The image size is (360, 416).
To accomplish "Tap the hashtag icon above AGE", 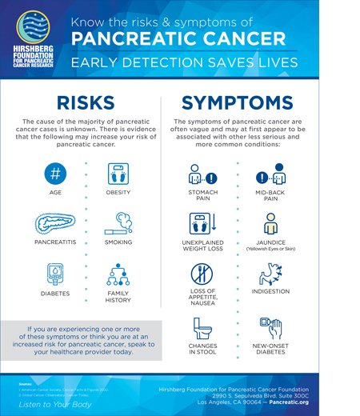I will pos(54,174).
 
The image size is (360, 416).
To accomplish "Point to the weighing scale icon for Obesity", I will pos(118,174).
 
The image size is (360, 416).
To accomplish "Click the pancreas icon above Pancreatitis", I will pos(54,223).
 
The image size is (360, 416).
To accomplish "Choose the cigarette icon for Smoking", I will pos(118,223).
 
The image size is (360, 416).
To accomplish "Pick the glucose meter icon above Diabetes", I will pos(54,274).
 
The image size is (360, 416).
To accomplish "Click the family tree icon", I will pos(118,274).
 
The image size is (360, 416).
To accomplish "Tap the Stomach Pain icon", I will pos(202,175).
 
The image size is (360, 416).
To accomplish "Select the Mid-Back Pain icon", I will pos(270,175).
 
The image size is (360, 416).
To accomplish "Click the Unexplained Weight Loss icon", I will pos(202,223).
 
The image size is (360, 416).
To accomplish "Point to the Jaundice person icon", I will pos(270,223).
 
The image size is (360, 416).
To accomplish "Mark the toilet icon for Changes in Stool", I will pos(202,328).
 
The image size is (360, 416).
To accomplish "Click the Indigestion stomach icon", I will pos(270,275).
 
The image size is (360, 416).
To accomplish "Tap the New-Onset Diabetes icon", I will pos(270,328).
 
